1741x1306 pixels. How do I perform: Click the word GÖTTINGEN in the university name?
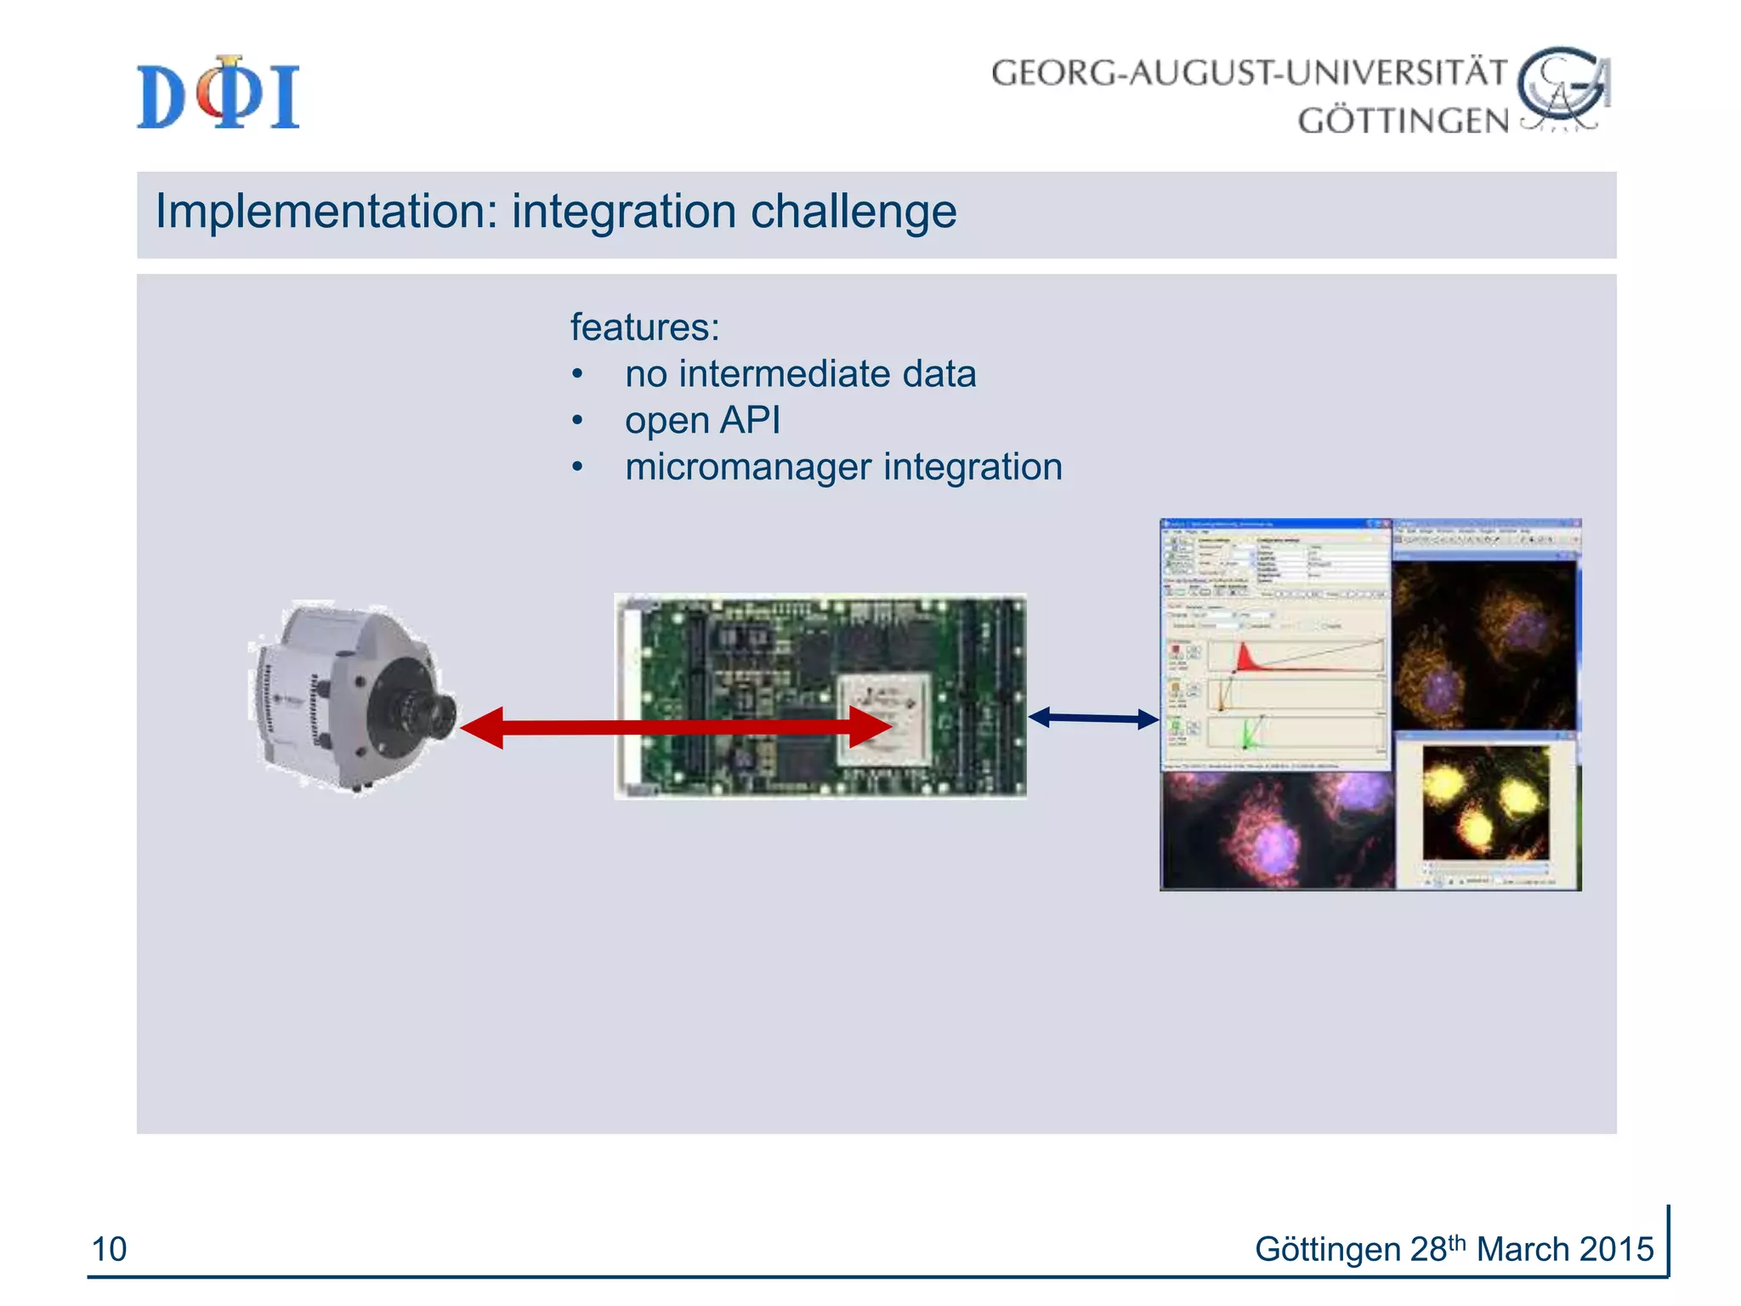point(1403,121)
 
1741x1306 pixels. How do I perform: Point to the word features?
point(644,327)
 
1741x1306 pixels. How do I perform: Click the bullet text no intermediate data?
point(800,374)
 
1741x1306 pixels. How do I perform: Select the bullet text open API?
point(702,420)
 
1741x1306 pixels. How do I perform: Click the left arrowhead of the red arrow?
point(483,727)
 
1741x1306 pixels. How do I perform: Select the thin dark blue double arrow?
point(1093,718)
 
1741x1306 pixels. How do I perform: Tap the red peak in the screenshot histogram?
point(1245,657)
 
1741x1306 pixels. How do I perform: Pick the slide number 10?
point(109,1249)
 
